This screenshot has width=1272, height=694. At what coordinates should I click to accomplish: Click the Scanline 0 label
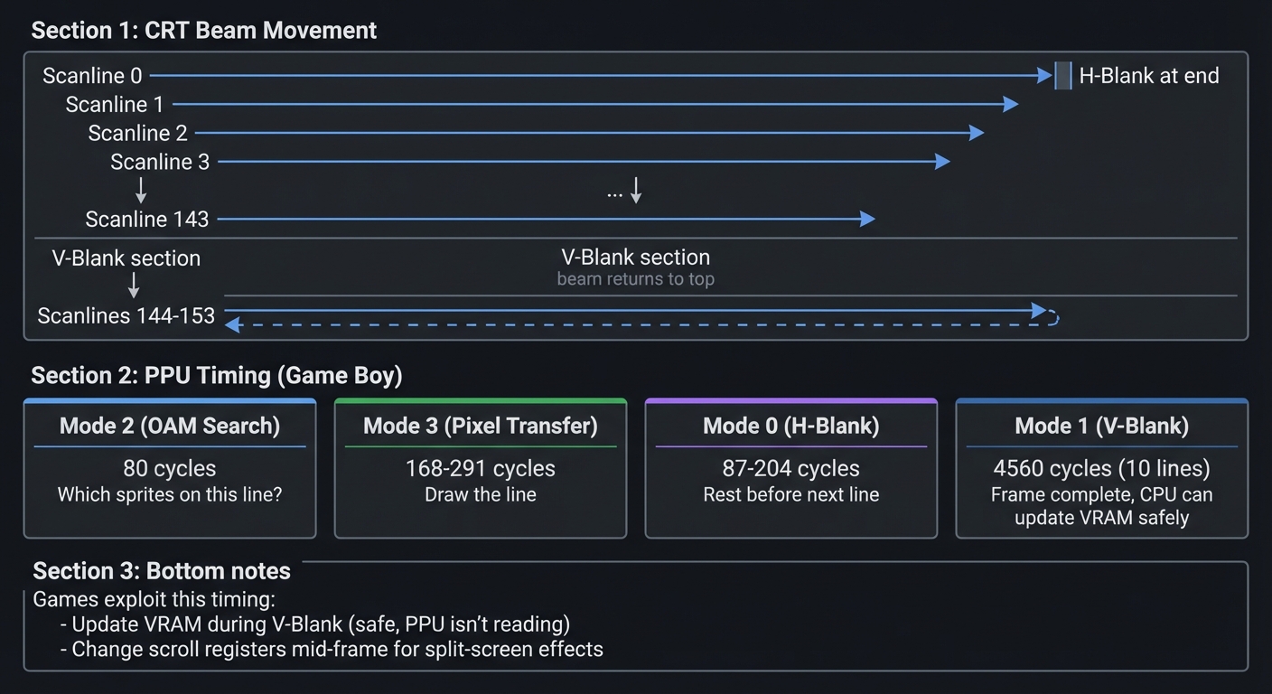click(92, 76)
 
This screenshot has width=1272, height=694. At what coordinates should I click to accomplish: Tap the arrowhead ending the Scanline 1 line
click(1012, 105)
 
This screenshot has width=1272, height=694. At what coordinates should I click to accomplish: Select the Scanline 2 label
click(137, 134)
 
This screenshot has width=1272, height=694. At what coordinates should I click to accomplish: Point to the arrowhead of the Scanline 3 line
click(943, 162)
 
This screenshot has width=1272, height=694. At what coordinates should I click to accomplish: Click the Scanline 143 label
click(146, 220)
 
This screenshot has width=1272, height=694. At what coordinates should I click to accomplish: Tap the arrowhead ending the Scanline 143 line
click(868, 219)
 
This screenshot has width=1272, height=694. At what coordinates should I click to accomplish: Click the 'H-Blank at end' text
click(1148, 76)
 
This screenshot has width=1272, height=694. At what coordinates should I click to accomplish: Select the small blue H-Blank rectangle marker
click(1063, 76)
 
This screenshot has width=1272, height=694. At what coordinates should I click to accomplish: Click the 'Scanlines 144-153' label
click(126, 315)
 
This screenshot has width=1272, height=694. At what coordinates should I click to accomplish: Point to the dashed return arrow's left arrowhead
click(232, 324)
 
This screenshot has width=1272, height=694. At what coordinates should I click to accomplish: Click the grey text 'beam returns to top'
click(635, 279)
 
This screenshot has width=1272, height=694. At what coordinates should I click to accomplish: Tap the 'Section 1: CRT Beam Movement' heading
click(203, 31)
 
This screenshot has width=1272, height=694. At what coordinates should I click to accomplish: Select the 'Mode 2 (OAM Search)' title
click(170, 426)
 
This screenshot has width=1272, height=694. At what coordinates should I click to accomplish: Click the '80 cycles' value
click(170, 468)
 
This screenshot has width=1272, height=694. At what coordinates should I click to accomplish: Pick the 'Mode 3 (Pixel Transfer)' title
click(480, 426)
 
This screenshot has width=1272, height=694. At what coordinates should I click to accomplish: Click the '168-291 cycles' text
click(480, 468)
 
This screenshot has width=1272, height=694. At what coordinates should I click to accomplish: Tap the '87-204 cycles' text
click(790, 468)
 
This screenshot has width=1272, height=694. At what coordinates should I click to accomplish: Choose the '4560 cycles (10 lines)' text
click(1101, 468)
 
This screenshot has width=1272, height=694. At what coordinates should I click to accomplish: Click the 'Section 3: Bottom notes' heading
click(162, 571)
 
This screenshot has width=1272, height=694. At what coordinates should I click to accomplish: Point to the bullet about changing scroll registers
click(331, 649)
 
